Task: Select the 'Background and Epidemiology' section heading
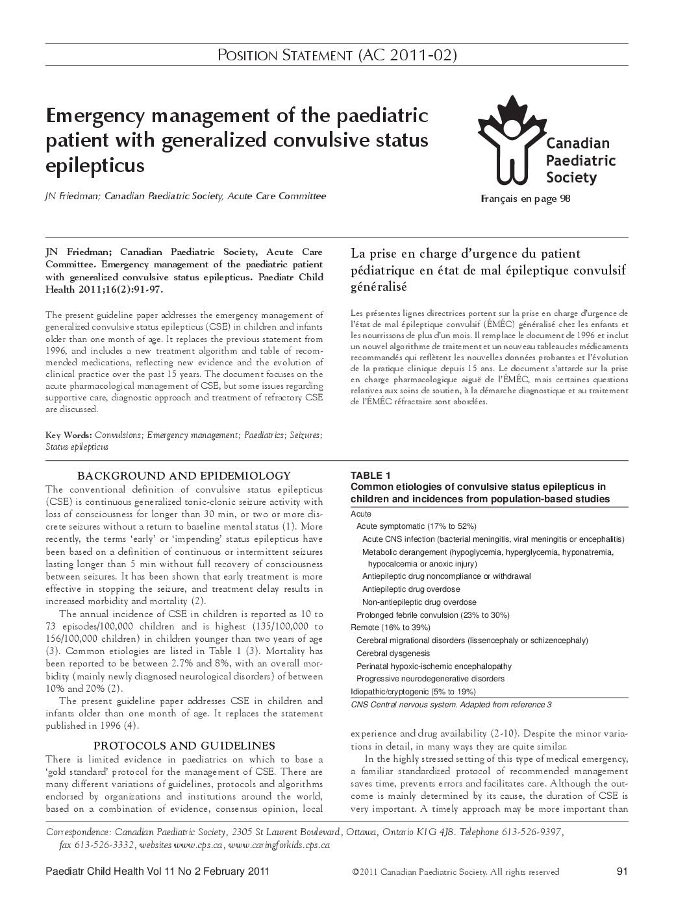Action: [x=184, y=476]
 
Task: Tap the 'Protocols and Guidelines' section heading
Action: [x=184, y=745]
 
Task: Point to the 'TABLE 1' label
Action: [x=371, y=475]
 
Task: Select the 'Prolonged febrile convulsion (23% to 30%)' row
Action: [x=432, y=615]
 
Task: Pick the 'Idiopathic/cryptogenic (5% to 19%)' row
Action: [x=413, y=691]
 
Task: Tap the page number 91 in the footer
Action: [x=621, y=872]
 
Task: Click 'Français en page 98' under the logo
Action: [x=525, y=199]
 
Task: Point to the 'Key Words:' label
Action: [x=69, y=435]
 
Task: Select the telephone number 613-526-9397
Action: [x=530, y=832]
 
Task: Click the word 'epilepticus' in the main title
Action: [x=95, y=165]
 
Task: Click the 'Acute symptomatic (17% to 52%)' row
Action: [x=416, y=526]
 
